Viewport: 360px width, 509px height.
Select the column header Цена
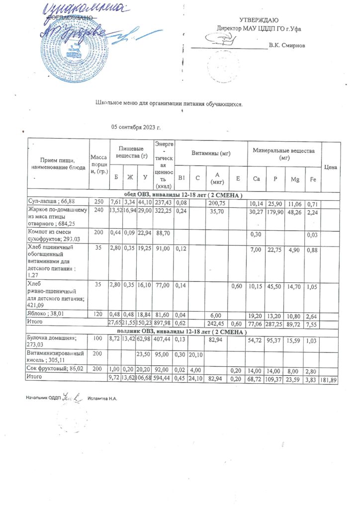pyautogui.click(x=331, y=167)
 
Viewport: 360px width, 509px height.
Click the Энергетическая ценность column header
pyautogui.click(x=164, y=164)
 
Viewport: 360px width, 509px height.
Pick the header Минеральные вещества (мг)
pyautogui.click(x=284, y=153)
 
